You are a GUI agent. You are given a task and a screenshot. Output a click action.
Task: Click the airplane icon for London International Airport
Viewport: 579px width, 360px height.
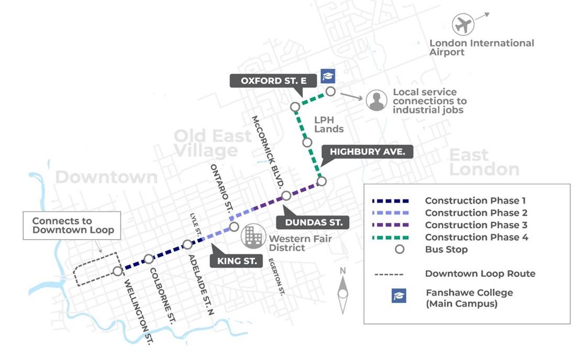[x=462, y=25]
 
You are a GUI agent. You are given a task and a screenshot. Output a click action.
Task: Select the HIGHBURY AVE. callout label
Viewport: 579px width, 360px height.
[x=371, y=152]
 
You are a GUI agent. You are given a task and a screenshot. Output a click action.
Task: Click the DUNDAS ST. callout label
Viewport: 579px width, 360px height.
[x=314, y=222]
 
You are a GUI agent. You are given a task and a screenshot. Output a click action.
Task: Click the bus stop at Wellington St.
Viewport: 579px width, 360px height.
[x=118, y=271]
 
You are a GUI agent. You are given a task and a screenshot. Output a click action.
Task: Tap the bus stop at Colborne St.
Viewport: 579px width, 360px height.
[x=149, y=258]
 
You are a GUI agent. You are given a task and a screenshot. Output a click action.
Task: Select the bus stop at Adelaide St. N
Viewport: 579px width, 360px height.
[x=187, y=244]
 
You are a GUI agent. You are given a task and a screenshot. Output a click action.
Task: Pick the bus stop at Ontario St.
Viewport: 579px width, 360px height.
[x=234, y=227]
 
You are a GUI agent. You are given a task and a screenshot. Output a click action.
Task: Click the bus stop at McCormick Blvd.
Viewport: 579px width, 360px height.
[x=286, y=196]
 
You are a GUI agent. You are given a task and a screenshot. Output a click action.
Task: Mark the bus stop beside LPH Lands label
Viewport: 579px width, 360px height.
[x=307, y=142]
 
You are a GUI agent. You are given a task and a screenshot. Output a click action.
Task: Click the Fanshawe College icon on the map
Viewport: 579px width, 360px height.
[x=328, y=76]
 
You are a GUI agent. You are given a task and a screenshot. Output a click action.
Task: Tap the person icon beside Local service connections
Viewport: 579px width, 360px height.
[x=376, y=101]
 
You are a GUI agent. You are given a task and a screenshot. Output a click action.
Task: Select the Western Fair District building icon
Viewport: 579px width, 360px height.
[x=252, y=237]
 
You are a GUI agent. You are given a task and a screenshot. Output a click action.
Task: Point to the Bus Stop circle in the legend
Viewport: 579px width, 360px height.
[x=399, y=250]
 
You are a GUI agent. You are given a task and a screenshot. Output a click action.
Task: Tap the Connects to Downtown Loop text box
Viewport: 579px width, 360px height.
[x=73, y=226]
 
